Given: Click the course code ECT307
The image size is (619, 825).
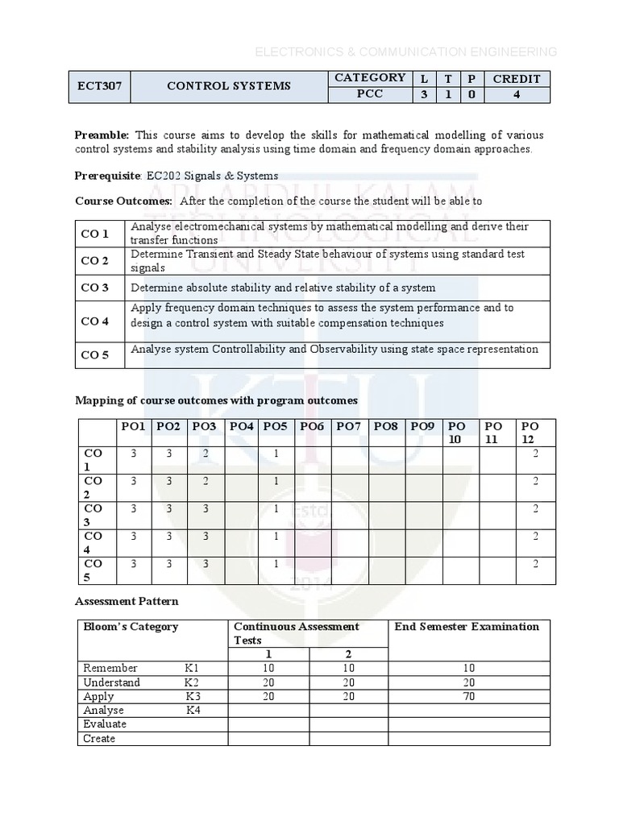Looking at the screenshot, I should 99,86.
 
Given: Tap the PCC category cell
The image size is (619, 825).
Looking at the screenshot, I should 369,94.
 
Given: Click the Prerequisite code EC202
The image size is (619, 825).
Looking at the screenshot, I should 161,176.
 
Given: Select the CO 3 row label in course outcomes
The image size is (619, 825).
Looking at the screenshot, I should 94,288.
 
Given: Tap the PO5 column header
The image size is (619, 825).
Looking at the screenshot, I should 275,426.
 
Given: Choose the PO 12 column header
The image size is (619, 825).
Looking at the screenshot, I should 530,432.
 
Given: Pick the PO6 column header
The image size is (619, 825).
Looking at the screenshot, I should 311,426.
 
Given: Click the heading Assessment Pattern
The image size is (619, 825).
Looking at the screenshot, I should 127,601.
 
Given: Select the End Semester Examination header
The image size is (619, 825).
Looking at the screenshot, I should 467,627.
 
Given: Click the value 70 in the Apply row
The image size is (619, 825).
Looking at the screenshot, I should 468,696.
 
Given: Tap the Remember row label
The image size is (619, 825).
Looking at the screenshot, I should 110,668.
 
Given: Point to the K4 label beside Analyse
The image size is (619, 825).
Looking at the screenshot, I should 193,710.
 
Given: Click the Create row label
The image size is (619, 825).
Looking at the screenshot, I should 99,738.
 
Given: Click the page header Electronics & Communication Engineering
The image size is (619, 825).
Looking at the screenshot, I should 405,52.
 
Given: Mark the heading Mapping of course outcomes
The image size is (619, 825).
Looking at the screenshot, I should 216,400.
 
